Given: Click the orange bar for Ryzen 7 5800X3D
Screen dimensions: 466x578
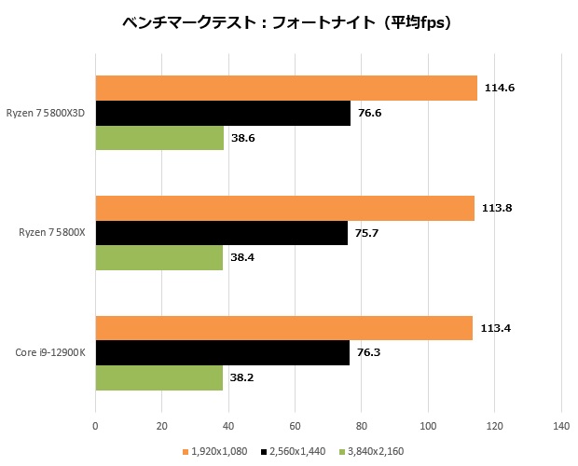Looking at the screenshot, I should (x=285, y=88).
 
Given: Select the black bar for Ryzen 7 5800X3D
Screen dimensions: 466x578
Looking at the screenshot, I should (x=223, y=113).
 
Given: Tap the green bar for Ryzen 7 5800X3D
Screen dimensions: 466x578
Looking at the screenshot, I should (x=159, y=138).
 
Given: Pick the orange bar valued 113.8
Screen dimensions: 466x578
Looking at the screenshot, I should (x=284, y=208).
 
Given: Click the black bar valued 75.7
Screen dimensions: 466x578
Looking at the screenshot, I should (x=221, y=233).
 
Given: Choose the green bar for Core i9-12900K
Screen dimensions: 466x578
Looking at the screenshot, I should (x=158, y=378).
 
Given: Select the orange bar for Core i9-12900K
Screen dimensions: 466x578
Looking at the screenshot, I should (x=283, y=328).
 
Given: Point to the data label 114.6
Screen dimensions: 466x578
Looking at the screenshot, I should (x=500, y=88).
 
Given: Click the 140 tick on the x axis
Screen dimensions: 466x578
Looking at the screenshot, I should (x=560, y=426).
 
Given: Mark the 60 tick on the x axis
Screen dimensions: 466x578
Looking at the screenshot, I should (x=295, y=426).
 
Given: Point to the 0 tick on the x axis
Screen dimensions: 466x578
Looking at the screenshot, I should (x=95, y=426).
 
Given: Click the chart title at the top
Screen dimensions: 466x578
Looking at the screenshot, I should (x=288, y=22).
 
